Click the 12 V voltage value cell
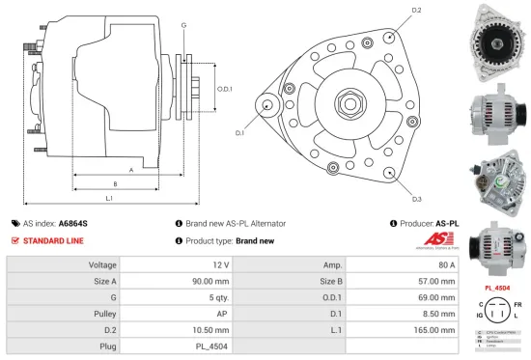pyautogui.click(x=219, y=264)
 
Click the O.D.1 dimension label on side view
pyautogui.click(x=224, y=89)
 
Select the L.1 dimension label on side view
pyautogui.click(x=109, y=198)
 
